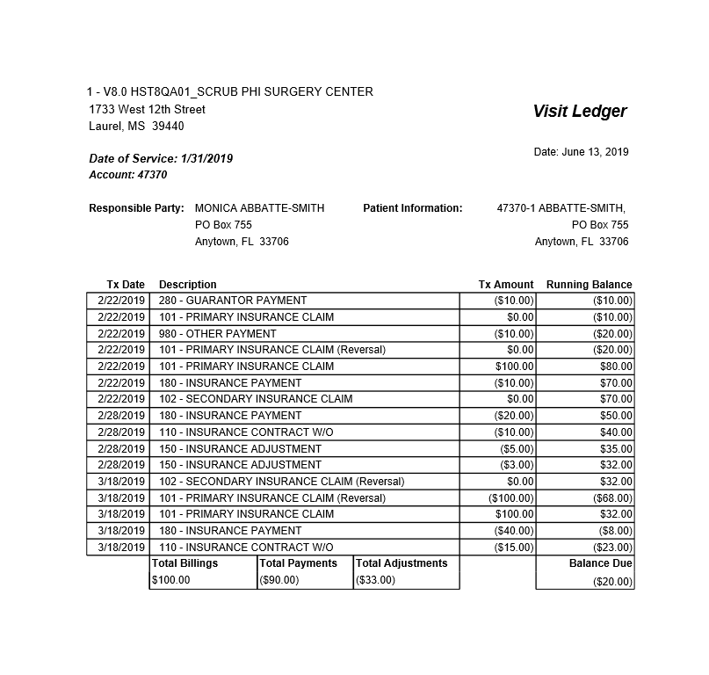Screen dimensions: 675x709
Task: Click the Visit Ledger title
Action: click(579, 112)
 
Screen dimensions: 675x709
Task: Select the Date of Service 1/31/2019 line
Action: click(161, 159)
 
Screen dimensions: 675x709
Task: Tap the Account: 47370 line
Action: click(127, 175)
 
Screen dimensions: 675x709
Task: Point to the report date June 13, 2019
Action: click(581, 152)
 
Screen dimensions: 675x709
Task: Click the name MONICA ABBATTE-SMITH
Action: click(259, 208)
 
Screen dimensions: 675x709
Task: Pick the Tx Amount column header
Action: click(505, 285)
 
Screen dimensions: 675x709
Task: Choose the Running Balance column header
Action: click(589, 285)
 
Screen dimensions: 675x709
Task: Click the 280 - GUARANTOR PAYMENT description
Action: click(233, 301)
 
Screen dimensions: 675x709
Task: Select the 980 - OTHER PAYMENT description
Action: click(217, 334)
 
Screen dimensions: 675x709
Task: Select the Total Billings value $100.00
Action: click(170, 580)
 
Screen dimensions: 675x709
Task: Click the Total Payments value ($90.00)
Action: click(279, 580)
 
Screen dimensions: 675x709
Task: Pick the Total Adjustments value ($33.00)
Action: click(376, 580)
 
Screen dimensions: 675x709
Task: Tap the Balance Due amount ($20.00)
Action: click(612, 582)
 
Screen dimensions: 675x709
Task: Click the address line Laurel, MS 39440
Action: click(136, 127)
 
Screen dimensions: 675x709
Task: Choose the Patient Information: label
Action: click(412, 208)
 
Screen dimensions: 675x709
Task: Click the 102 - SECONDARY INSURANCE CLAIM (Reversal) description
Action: click(281, 482)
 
